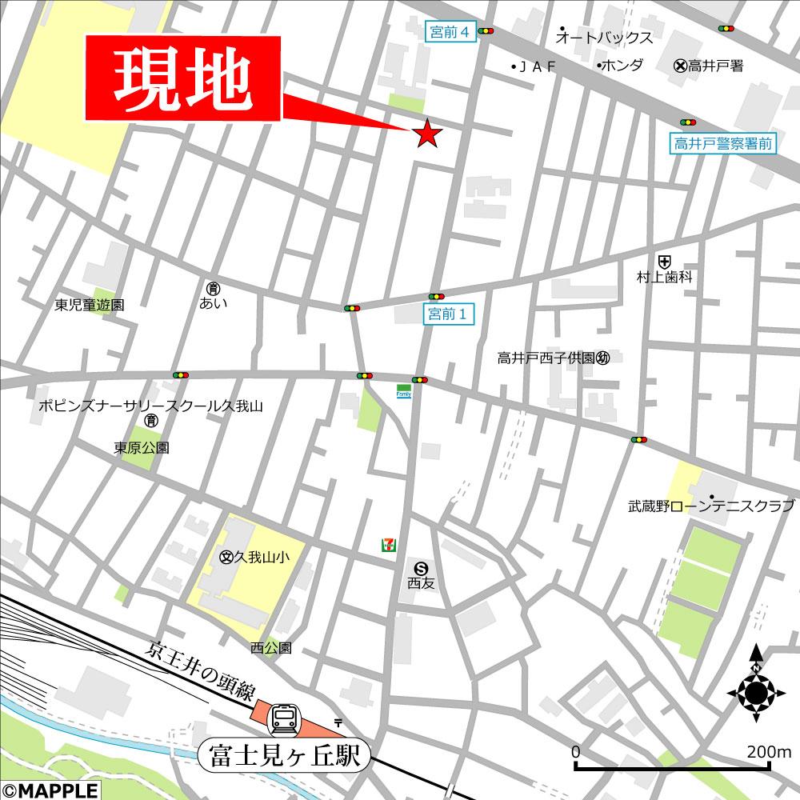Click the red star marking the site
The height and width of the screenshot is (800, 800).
pyautogui.click(x=427, y=134)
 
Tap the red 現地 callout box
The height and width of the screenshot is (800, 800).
pyautogui.click(x=183, y=79)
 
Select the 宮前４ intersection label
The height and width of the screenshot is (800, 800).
pyautogui.click(x=448, y=31)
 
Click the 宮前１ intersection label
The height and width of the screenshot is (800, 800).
pyautogui.click(x=448, y=314)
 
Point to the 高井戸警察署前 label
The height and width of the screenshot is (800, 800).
pyautogui.click(x=722, y=144)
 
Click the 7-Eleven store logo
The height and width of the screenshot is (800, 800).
pyautogui.click(x=387, y=545)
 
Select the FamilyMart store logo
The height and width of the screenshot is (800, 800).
pyautogui.click(x=404, y=392)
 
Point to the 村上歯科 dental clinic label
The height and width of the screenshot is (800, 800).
pyautogui.click(x=664, y=277)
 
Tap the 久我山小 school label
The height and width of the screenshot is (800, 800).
pyautogui.click(x=254, y=557)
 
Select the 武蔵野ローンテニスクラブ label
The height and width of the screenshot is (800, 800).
pyautogui.click(x=710, y=506)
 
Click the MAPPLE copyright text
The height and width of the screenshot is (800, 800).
pyautogui.click(x=50, y=790)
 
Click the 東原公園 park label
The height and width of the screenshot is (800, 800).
pyautogui.click(x=142, y=448)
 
